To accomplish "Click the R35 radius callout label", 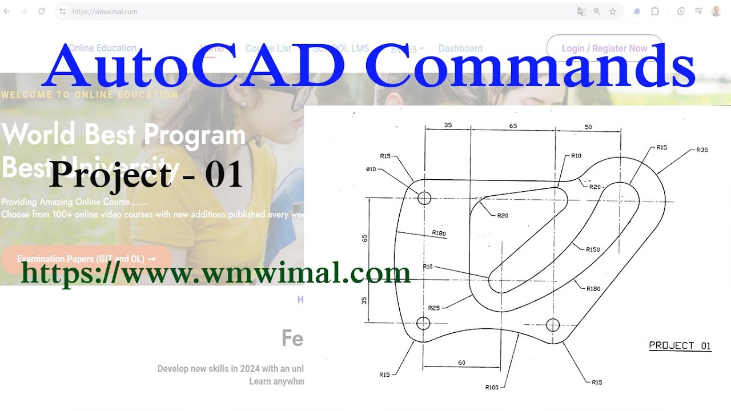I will click(x=702, y=150).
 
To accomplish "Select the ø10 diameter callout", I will click(x=371, y=169).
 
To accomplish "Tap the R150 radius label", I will click(x=593, y=249).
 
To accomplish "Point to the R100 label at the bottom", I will click(x=492, y=387).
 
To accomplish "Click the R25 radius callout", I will click(x=434, y=308).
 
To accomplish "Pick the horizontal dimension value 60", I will click(x=461, y=362).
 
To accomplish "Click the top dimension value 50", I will click(x=588, y=127).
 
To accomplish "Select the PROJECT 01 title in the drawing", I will click(x=680, y=345).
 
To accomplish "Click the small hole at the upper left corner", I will click(x=424, y=198).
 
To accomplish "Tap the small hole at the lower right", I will click(x=552, y=325).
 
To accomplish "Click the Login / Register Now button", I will click(x=604, y=49).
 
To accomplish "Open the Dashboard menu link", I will click(x=460, y=49).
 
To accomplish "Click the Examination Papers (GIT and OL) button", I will click(x=86, y=259).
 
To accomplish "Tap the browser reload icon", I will click(x=41, y=11).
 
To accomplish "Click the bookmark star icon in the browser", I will click(x=613, y=11).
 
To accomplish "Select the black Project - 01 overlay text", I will click(x=146, y=175).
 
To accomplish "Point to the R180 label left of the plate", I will click(x=439, y=233).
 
